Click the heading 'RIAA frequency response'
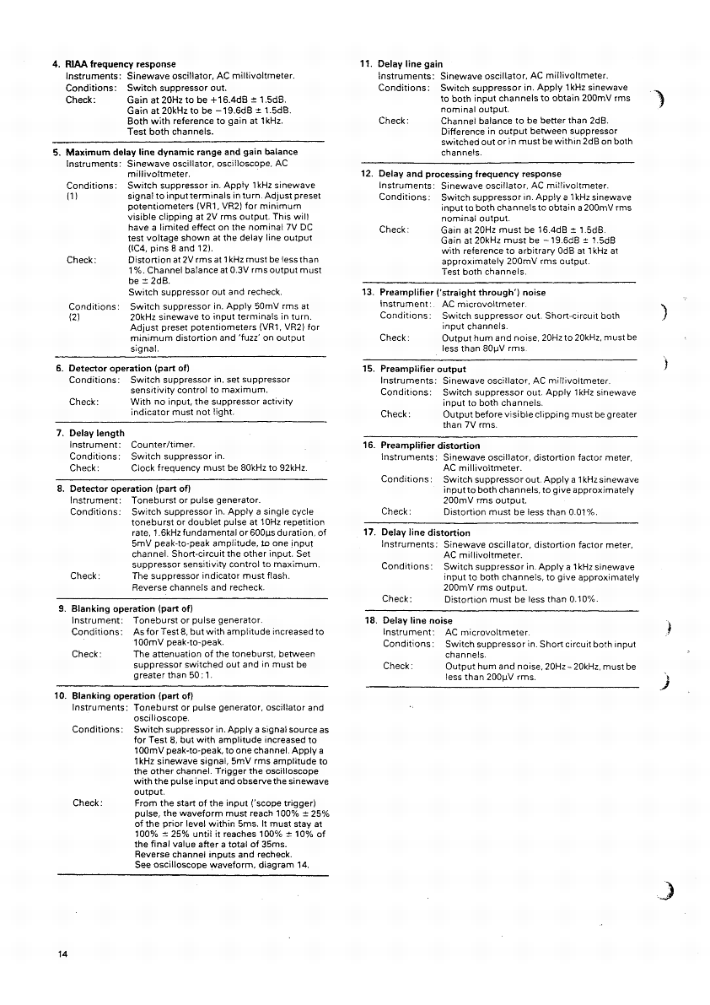(121, 64)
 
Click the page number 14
(62, 954)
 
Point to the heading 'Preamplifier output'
(422, 370)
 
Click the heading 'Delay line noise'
(417, 621)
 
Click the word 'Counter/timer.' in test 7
(163, 445)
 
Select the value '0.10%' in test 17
(580, 599)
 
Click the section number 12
(366, 174)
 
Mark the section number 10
(61, 696)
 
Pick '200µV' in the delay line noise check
(481, 677)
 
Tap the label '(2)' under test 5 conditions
(74, 318)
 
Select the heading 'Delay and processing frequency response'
(470, 174)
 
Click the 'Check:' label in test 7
(84, 467)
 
